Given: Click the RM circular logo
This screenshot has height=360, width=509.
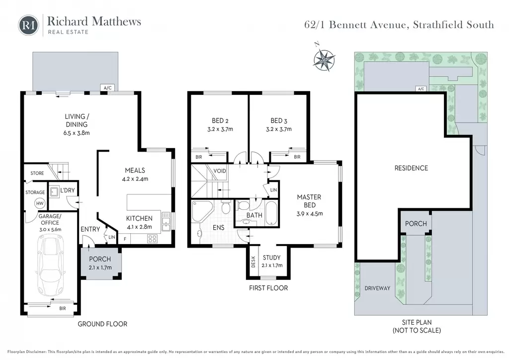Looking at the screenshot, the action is [x=28, y=25].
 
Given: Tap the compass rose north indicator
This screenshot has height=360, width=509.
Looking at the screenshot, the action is [x=324, y=59].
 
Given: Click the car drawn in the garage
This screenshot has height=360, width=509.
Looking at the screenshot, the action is [x=51, y=265].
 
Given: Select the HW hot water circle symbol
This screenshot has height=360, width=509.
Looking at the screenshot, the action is [x=40, y=203].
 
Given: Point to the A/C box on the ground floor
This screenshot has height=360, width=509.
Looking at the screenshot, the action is [x=107, y=88].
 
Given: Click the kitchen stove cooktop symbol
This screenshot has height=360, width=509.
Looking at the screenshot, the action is [x=152, y=239].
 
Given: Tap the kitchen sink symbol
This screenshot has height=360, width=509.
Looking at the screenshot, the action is [x=166, y=221].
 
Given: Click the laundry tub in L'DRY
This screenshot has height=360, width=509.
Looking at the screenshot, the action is [x=54, y=192].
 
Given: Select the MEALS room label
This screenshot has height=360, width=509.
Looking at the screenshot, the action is [x=135, y=171].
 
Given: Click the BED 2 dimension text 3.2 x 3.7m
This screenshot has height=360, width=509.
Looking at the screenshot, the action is [x=220, y=129].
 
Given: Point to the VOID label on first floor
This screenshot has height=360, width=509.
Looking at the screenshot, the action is [x=220, y=171].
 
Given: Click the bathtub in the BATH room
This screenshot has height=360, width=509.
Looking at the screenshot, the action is [x=271, y=213].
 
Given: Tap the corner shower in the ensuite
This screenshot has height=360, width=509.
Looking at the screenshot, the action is [x=202, y=211].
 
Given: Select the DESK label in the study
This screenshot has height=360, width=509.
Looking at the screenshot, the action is [x=254, y=262].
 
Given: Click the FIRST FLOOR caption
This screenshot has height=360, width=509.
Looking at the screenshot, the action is [x=268, y=288].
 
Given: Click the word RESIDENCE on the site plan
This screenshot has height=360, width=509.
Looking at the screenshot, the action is [x=411, y=168].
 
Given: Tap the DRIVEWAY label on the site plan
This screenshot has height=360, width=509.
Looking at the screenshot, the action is [x=377, y=288].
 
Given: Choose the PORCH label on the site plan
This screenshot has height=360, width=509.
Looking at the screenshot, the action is [x=416, y=224].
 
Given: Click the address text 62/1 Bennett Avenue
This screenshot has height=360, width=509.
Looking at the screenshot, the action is [x=355, y=25].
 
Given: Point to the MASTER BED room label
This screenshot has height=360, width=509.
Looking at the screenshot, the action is [x=309, y=201].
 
